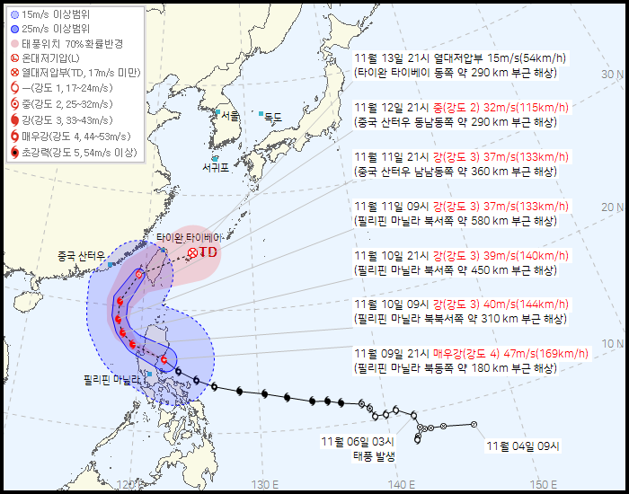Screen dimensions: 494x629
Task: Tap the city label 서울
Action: [x=231, y=116]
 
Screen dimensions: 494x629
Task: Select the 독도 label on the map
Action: [x=272, y=116]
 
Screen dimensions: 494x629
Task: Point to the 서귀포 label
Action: [x=216, y=167]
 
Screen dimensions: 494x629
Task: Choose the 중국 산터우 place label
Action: [x=81, y=255]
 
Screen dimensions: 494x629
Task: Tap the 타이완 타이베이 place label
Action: [x=189, y=238]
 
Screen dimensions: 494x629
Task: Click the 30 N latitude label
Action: [x=613, y=75]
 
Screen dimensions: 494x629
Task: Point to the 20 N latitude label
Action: [x=613, y=208]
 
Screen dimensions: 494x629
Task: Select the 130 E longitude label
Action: [x=264, y=485]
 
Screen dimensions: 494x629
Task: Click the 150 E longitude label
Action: [x=543, y=485]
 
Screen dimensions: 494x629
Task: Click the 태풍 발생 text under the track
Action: [x=374, y=455]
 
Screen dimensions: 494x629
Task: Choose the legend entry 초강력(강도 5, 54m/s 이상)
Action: [x=80, y=154]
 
